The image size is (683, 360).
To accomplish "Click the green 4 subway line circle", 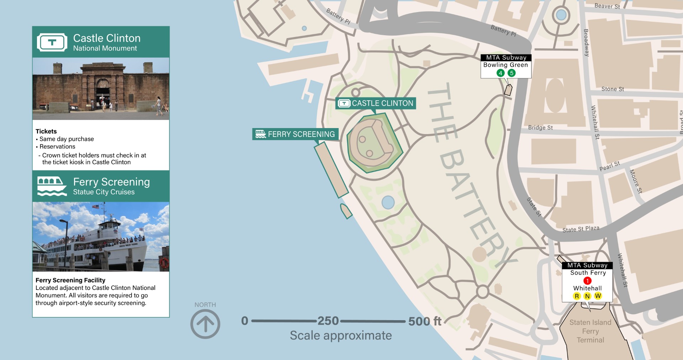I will pyautogui.click(x=501, y=73).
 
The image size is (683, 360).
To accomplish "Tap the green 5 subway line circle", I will pyautogui.click(x=512, y=73).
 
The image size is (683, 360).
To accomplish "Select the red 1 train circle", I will pyautogui.click(x=587, y=281).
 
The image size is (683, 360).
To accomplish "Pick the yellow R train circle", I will pyautogui.click(x=577, y=296).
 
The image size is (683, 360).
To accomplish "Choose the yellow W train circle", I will pyautogui.click(x=598, y=296).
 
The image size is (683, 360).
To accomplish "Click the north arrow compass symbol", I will pyautogui.click(x=205, y=324).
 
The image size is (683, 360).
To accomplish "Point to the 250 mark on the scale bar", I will pyautogui.click(x=328, y=321).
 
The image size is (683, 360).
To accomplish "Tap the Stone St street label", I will pyautogui.click(x=613, y=89).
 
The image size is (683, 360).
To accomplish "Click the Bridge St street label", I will pyautogui.click(x=540, y=127).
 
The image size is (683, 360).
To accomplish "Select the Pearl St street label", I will pyautogui.click(x=609, y=166).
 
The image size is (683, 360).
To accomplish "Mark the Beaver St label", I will pyautogui.click(x=607, y=6).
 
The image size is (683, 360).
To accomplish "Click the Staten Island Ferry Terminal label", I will pyautogui.click(x=590, y=331).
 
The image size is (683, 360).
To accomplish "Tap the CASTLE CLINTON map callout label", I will pyautogui.click(x=376, y=103).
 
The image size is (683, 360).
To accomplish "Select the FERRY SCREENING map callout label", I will pyautogui.click(x=295, y=134).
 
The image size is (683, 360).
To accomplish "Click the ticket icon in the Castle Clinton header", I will pyautogui.click(x=52, y=42).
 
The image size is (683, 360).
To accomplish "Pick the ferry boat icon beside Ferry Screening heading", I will pyautogui.click(x=52, y=186).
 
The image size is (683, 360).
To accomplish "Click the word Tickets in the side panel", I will pyautogui.click(x=46, y=131).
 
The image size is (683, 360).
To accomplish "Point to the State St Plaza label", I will pyautogui.click(x=581, y=229).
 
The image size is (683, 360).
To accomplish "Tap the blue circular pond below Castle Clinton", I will pyautogui.click(x=388, y=202).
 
